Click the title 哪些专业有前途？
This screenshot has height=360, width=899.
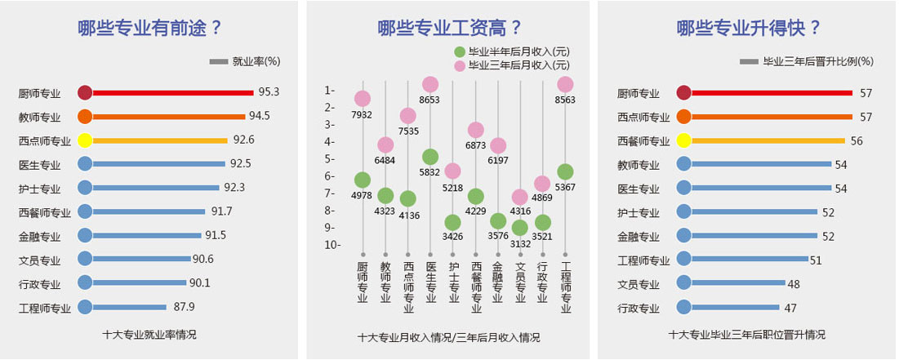coord(150,28)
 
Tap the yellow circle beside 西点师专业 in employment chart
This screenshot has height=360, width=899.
coord(85,140)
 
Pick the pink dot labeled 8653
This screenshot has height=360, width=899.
coord(430,84)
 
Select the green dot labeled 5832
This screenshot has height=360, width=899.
coord(430,157)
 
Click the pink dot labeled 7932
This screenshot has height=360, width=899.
coord(363,98)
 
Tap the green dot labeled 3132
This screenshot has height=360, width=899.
coord(520,228)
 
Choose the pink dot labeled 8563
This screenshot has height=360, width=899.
coord(565,84)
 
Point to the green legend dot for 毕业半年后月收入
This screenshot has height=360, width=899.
coord(460,51)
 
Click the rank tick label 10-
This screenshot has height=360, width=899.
coord(332,245)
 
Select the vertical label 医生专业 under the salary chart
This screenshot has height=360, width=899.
coord(430,282)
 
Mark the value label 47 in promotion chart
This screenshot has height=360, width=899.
coord(790,308)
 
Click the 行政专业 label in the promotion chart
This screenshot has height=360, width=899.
coord(639,309)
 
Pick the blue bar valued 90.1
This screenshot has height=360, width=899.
coord(140,283)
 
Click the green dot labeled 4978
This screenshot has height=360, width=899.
coord(363,180)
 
